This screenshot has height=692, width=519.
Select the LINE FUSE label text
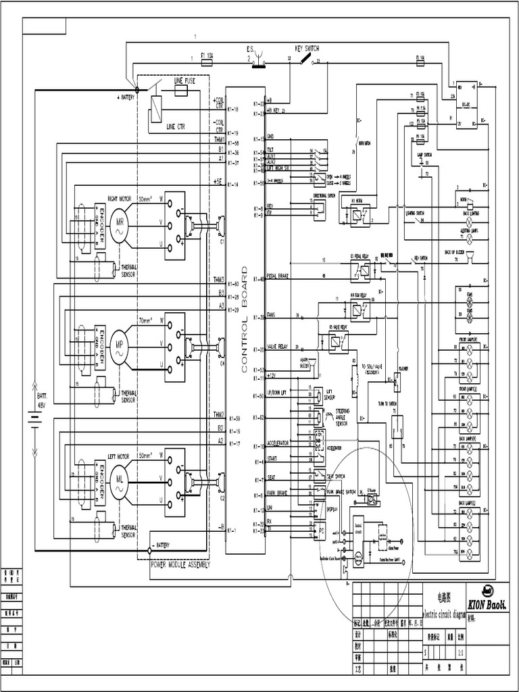pyautogui.click(x=184, y=80)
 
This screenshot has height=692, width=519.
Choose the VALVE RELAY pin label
pyautogui.click(x=278, y=345)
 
